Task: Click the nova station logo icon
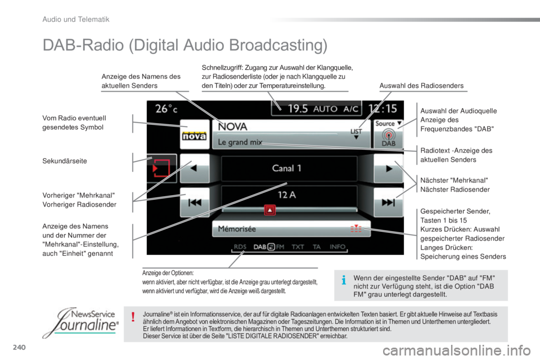click(194, 134)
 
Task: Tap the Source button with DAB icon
click(388, 134)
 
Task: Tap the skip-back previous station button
click(195, 202)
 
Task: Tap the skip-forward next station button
click(388, 202)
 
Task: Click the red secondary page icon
click(161, 168)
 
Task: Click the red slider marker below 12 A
click(269, 210)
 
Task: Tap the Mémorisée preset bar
click(291, 229)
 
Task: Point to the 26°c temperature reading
click(166, 109)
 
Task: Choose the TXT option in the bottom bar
click(298, 247)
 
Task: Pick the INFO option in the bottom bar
click(337, 247)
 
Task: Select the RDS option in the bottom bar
click(240, 247)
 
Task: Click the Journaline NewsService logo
click(80, 322)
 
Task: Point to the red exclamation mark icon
click(133, 317)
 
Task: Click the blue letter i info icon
click(343, 280)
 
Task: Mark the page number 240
click(19, 347)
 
